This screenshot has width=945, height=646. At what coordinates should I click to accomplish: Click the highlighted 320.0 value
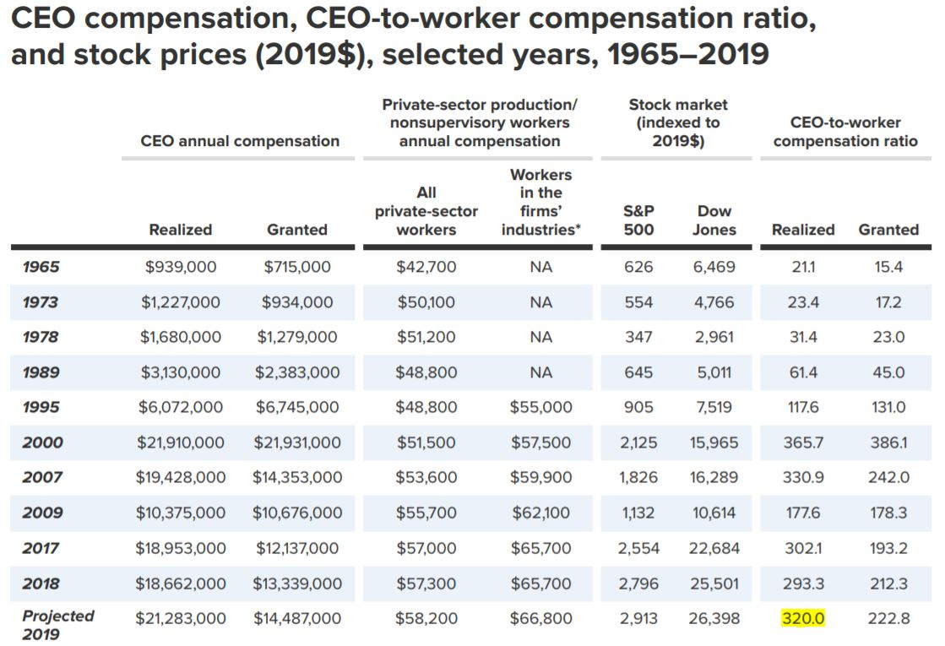pos(803,618)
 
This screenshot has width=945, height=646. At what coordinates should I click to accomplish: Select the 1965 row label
pos(41,266)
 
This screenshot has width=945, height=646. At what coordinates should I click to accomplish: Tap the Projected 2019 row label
pos(58,625)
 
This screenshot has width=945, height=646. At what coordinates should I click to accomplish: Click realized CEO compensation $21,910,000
pos(180,442)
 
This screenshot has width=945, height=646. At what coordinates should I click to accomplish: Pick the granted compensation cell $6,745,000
pos(297,407)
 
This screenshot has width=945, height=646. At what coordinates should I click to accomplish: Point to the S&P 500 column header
pos(638,220)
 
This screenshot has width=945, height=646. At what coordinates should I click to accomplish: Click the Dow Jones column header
pos(714,220)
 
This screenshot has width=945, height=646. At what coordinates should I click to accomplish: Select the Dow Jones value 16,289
pos(714,477)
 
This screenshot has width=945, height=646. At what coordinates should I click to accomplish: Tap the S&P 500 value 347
pos(638,337)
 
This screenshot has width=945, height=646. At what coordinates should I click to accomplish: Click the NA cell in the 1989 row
pos(541,372)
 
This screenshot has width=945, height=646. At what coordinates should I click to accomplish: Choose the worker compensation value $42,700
pos(426,266)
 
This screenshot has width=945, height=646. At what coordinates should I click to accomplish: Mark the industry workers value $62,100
pos(541,513)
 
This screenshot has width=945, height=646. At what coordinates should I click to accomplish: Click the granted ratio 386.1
pos(888,442)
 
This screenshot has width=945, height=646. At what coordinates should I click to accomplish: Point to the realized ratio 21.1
pos(803,266)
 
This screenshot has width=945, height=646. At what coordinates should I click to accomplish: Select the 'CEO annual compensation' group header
pos(240,141)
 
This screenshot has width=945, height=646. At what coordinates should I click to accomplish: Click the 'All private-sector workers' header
pos(426,211)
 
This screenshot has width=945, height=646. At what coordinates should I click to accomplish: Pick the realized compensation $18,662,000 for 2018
pos(180,584)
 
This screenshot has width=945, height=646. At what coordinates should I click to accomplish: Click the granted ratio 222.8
pos(888,618)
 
